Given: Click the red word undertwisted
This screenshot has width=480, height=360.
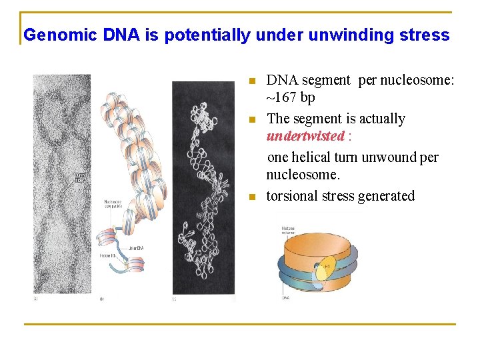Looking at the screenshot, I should [306, 137].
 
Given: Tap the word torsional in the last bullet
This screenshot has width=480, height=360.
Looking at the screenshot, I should [293, 196].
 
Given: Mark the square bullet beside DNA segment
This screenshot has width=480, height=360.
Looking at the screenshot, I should [251, 81].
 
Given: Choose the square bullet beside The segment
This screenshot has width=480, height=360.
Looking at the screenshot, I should [251, 120].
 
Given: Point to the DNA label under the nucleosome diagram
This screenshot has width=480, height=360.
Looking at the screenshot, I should [285, 299].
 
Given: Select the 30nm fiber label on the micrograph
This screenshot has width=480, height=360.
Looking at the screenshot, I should [80, 177].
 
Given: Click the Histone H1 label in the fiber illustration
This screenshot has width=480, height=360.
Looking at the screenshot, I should [109, 256].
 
